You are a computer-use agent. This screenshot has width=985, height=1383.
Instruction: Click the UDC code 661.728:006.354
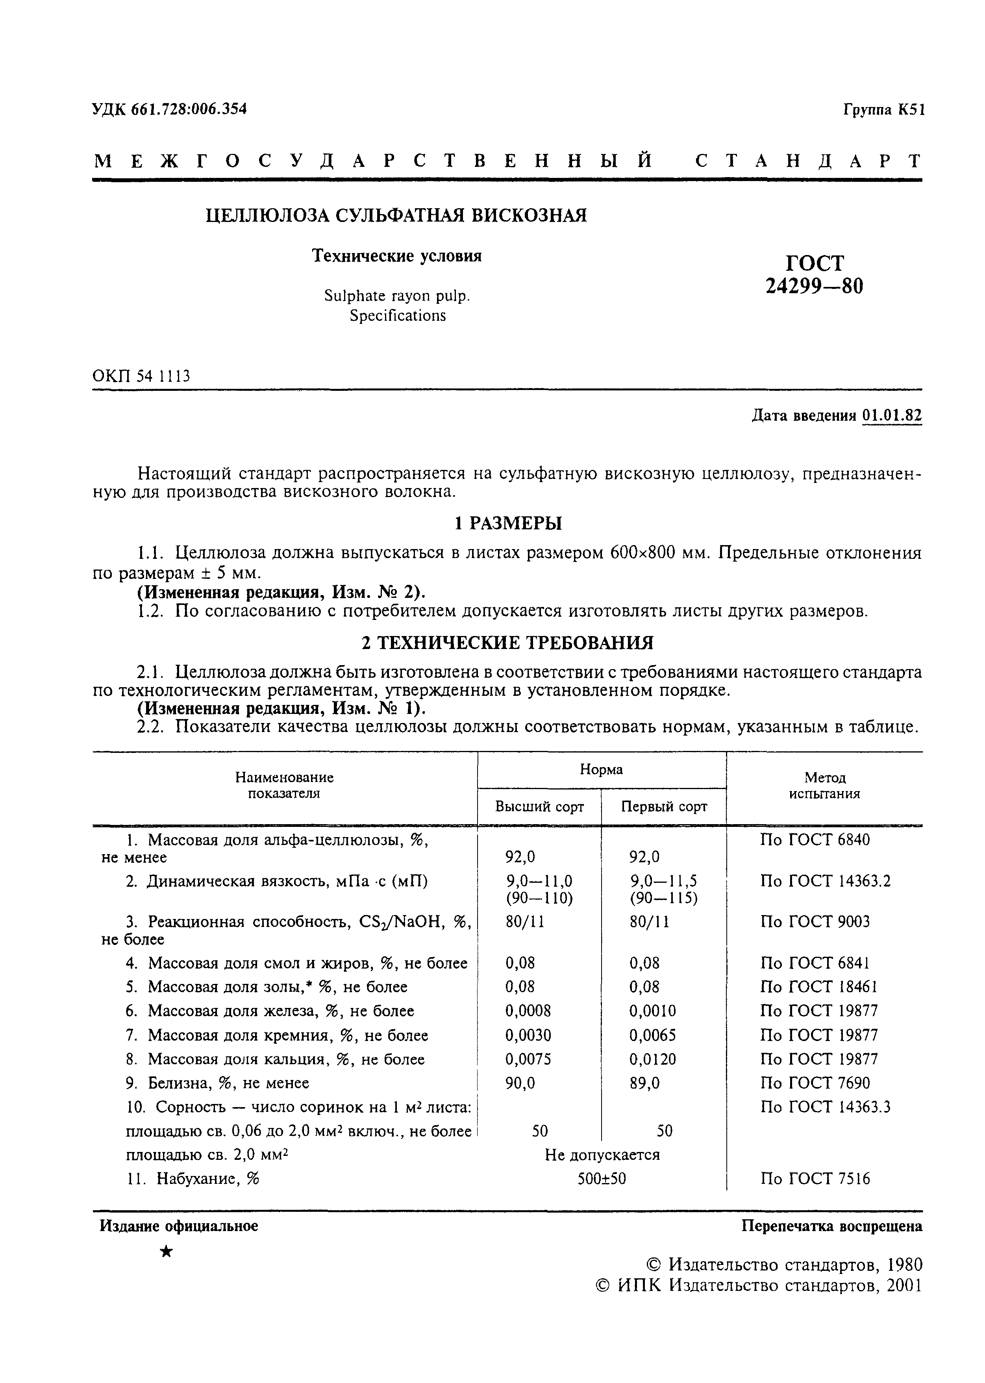(189, 109)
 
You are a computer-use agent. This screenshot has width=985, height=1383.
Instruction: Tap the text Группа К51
(883, 110)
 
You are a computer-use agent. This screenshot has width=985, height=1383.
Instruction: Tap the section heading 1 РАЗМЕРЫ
(508, 523)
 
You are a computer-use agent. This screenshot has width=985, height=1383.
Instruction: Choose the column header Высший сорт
(539, 807)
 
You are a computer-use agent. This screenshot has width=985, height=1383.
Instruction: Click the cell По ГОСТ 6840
(815, 840)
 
